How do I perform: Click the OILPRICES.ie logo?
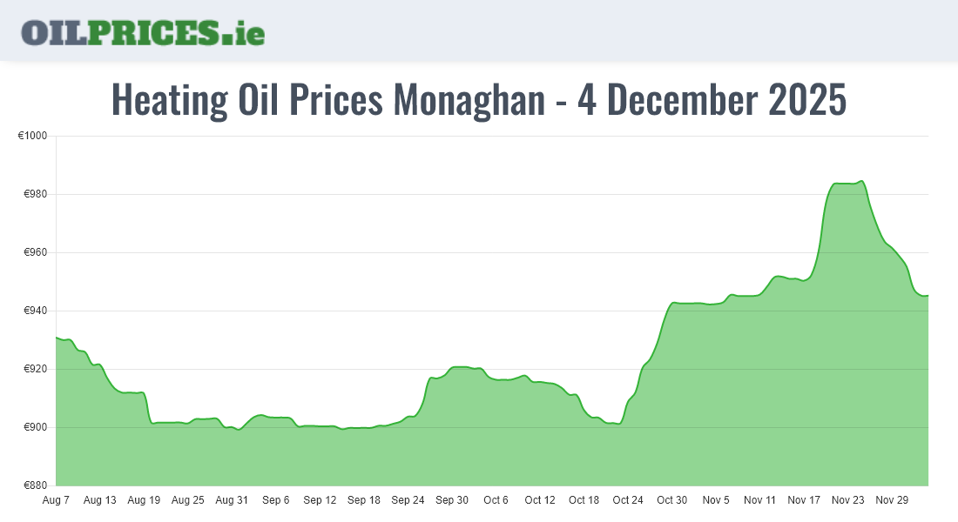click(x=143, y=32)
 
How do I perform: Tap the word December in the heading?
click(x=684, y=101)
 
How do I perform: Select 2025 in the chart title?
click(x=807, y=101)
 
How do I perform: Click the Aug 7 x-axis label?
click(x=56, y=500)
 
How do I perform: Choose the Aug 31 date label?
click(x=232, y=500)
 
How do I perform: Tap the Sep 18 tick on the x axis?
click(x=363, y=500)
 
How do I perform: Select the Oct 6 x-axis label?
click(x=496, y=500)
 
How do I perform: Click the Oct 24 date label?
click(x=627, y=500)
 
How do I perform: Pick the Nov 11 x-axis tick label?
click(x=759, y=500)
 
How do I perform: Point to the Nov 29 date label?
click(x=891, y=500)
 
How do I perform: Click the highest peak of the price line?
click(x=860, y=181)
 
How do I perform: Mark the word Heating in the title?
click(x=170, y=101)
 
